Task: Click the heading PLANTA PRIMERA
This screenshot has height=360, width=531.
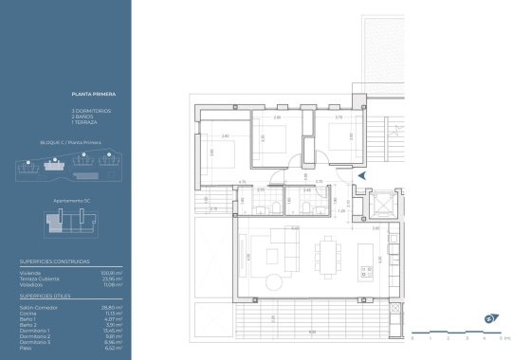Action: [91, 95]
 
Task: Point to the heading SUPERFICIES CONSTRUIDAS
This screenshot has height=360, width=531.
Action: [55, 260]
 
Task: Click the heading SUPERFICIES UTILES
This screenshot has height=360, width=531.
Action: [48, 295]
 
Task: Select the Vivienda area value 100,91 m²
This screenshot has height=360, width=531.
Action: [113, 272]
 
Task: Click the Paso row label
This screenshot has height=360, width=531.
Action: [26, 348]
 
